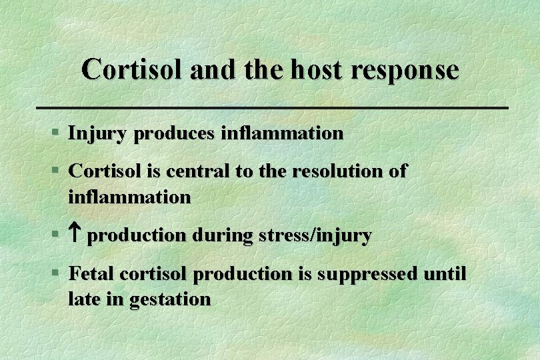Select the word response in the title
point(409,69)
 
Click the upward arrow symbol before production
point(75,235)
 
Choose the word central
point(197,171)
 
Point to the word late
point(83,299)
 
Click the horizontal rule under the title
point(270,107)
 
